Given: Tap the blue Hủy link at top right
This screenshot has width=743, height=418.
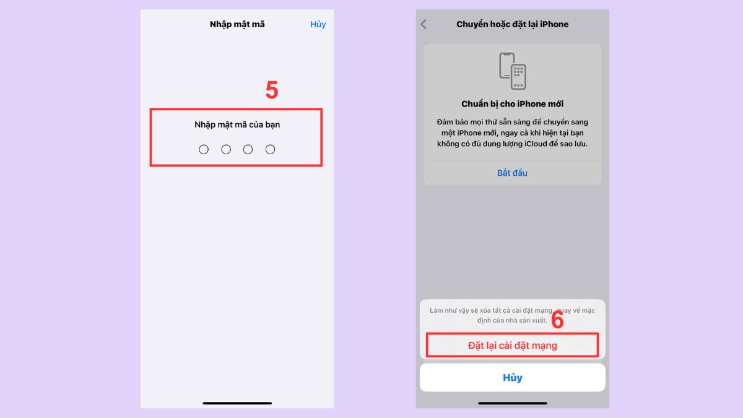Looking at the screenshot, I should (318, 24).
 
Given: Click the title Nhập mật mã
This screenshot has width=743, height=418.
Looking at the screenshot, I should (237, 24).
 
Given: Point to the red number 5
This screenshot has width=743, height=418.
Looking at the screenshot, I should (272, 90).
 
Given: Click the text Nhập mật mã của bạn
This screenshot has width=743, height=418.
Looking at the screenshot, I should (237, 124).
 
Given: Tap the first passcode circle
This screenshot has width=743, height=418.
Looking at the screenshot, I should (204, 149).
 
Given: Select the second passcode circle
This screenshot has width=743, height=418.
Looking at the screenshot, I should (226, 149).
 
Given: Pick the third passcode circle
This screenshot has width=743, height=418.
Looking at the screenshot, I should (248, 149).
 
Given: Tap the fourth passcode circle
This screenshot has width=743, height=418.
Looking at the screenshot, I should (270, 149).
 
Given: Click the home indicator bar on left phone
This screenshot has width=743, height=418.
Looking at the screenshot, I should (237, 403).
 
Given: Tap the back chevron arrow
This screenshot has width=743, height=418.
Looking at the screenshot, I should (424, 24).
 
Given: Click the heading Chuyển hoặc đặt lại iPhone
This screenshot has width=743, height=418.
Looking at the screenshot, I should (512, 24).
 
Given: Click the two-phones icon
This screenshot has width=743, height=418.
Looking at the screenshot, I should (513, 71).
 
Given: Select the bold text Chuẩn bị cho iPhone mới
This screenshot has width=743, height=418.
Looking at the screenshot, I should (513, 104).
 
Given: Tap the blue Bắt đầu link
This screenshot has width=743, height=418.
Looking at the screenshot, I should (513, 173).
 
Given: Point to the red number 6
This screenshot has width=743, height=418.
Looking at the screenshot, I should (557, 320).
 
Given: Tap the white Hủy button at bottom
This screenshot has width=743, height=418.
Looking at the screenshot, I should (513, 378).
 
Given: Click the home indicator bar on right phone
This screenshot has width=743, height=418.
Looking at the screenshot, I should (513, 403).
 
